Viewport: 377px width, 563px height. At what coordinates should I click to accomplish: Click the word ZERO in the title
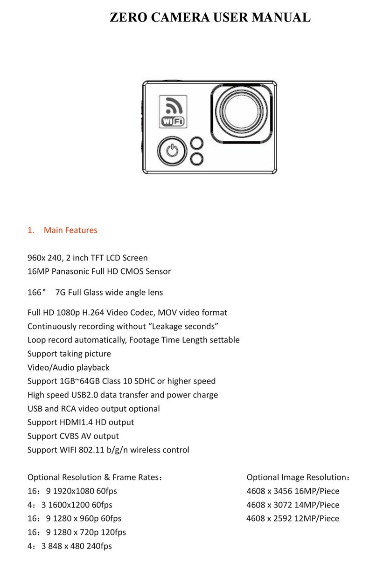pyautogui.click(x=130, y=18)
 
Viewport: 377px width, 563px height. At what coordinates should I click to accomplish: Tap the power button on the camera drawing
pyautogui.click(x=172, y=151)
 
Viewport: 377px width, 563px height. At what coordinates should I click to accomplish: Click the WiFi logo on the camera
pyautogui.click(x=173, y=112)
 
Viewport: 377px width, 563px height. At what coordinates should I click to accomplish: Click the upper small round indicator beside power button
pyautogui.click(x=198, y=144)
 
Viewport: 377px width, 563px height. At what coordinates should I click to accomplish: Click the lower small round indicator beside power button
pyautogui.click(x=198, y=159)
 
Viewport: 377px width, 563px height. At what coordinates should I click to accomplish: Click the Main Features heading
pyautogui.click(x=70, y=230)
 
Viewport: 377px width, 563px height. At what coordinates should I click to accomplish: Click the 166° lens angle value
pyautogui.click(x=37, y=293)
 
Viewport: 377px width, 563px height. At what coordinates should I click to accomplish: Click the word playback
pyautogui.click(x=93, y=367)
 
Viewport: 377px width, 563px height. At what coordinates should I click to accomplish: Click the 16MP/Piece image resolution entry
pyautogui.click(x=317, y=491)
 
